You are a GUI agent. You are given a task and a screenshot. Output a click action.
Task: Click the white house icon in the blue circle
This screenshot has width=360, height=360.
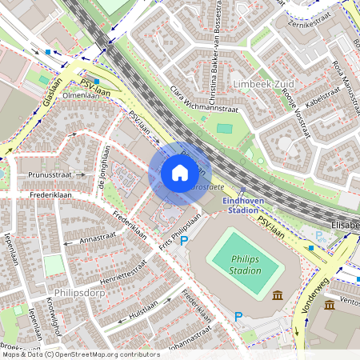pos(180,173)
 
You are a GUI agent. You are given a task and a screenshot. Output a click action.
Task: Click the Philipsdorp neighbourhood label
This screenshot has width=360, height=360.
pos(78,293)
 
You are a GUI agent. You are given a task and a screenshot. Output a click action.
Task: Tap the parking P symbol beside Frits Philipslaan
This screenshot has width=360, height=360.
pos(184,240)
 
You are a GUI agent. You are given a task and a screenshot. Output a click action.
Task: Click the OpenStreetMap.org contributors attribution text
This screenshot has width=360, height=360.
pos(104,354)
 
